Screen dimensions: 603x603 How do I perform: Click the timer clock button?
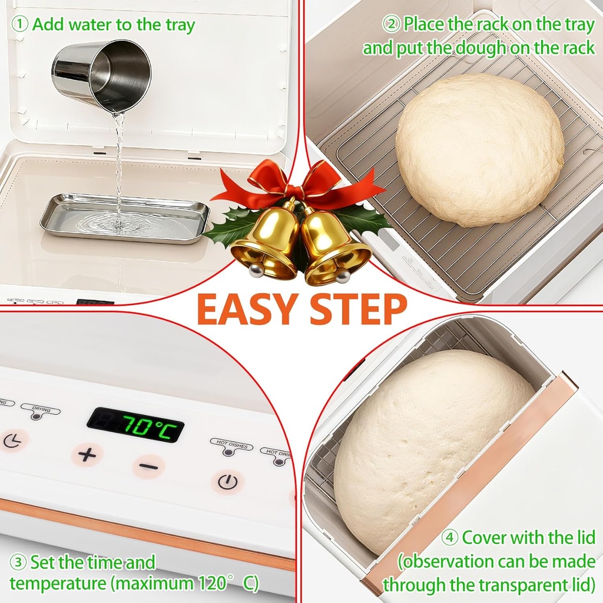click(x=12, y=440)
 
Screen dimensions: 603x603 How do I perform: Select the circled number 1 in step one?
click(x=21, y=24)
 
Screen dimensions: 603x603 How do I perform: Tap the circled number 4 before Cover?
click(x=450, y=538)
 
